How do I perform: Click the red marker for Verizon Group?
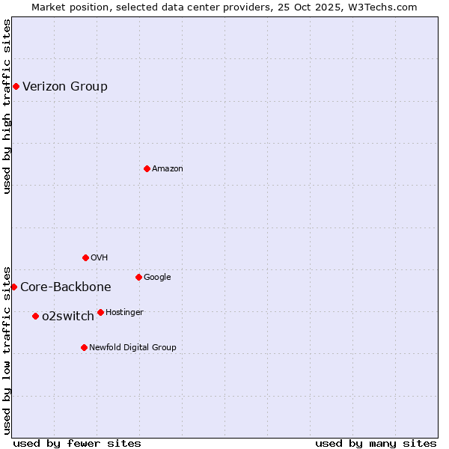coord(16,87)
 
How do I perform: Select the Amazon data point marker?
coord(147,168)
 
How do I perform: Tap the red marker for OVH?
coord(85,257)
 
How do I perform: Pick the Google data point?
coord(138,277)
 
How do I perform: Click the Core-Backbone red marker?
coord(13,287)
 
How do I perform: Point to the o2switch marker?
coord(35,316)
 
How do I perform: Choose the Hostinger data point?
coord(100,312)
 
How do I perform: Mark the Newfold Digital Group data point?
coord(84,347)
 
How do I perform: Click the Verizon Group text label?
coord(65,87)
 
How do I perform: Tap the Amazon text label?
coord(168,169)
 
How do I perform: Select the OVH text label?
coord(100,258)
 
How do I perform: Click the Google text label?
coord(157,278)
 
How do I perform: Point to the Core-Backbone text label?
coord(66,287)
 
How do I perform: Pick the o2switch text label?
coord(68,317)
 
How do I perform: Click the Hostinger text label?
coord(124,313)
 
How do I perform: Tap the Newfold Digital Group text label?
coord(132,348)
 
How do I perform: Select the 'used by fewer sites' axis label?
coord(77,444)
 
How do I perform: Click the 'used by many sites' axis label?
coord(376,444)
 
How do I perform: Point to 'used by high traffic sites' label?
coord(7,106)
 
